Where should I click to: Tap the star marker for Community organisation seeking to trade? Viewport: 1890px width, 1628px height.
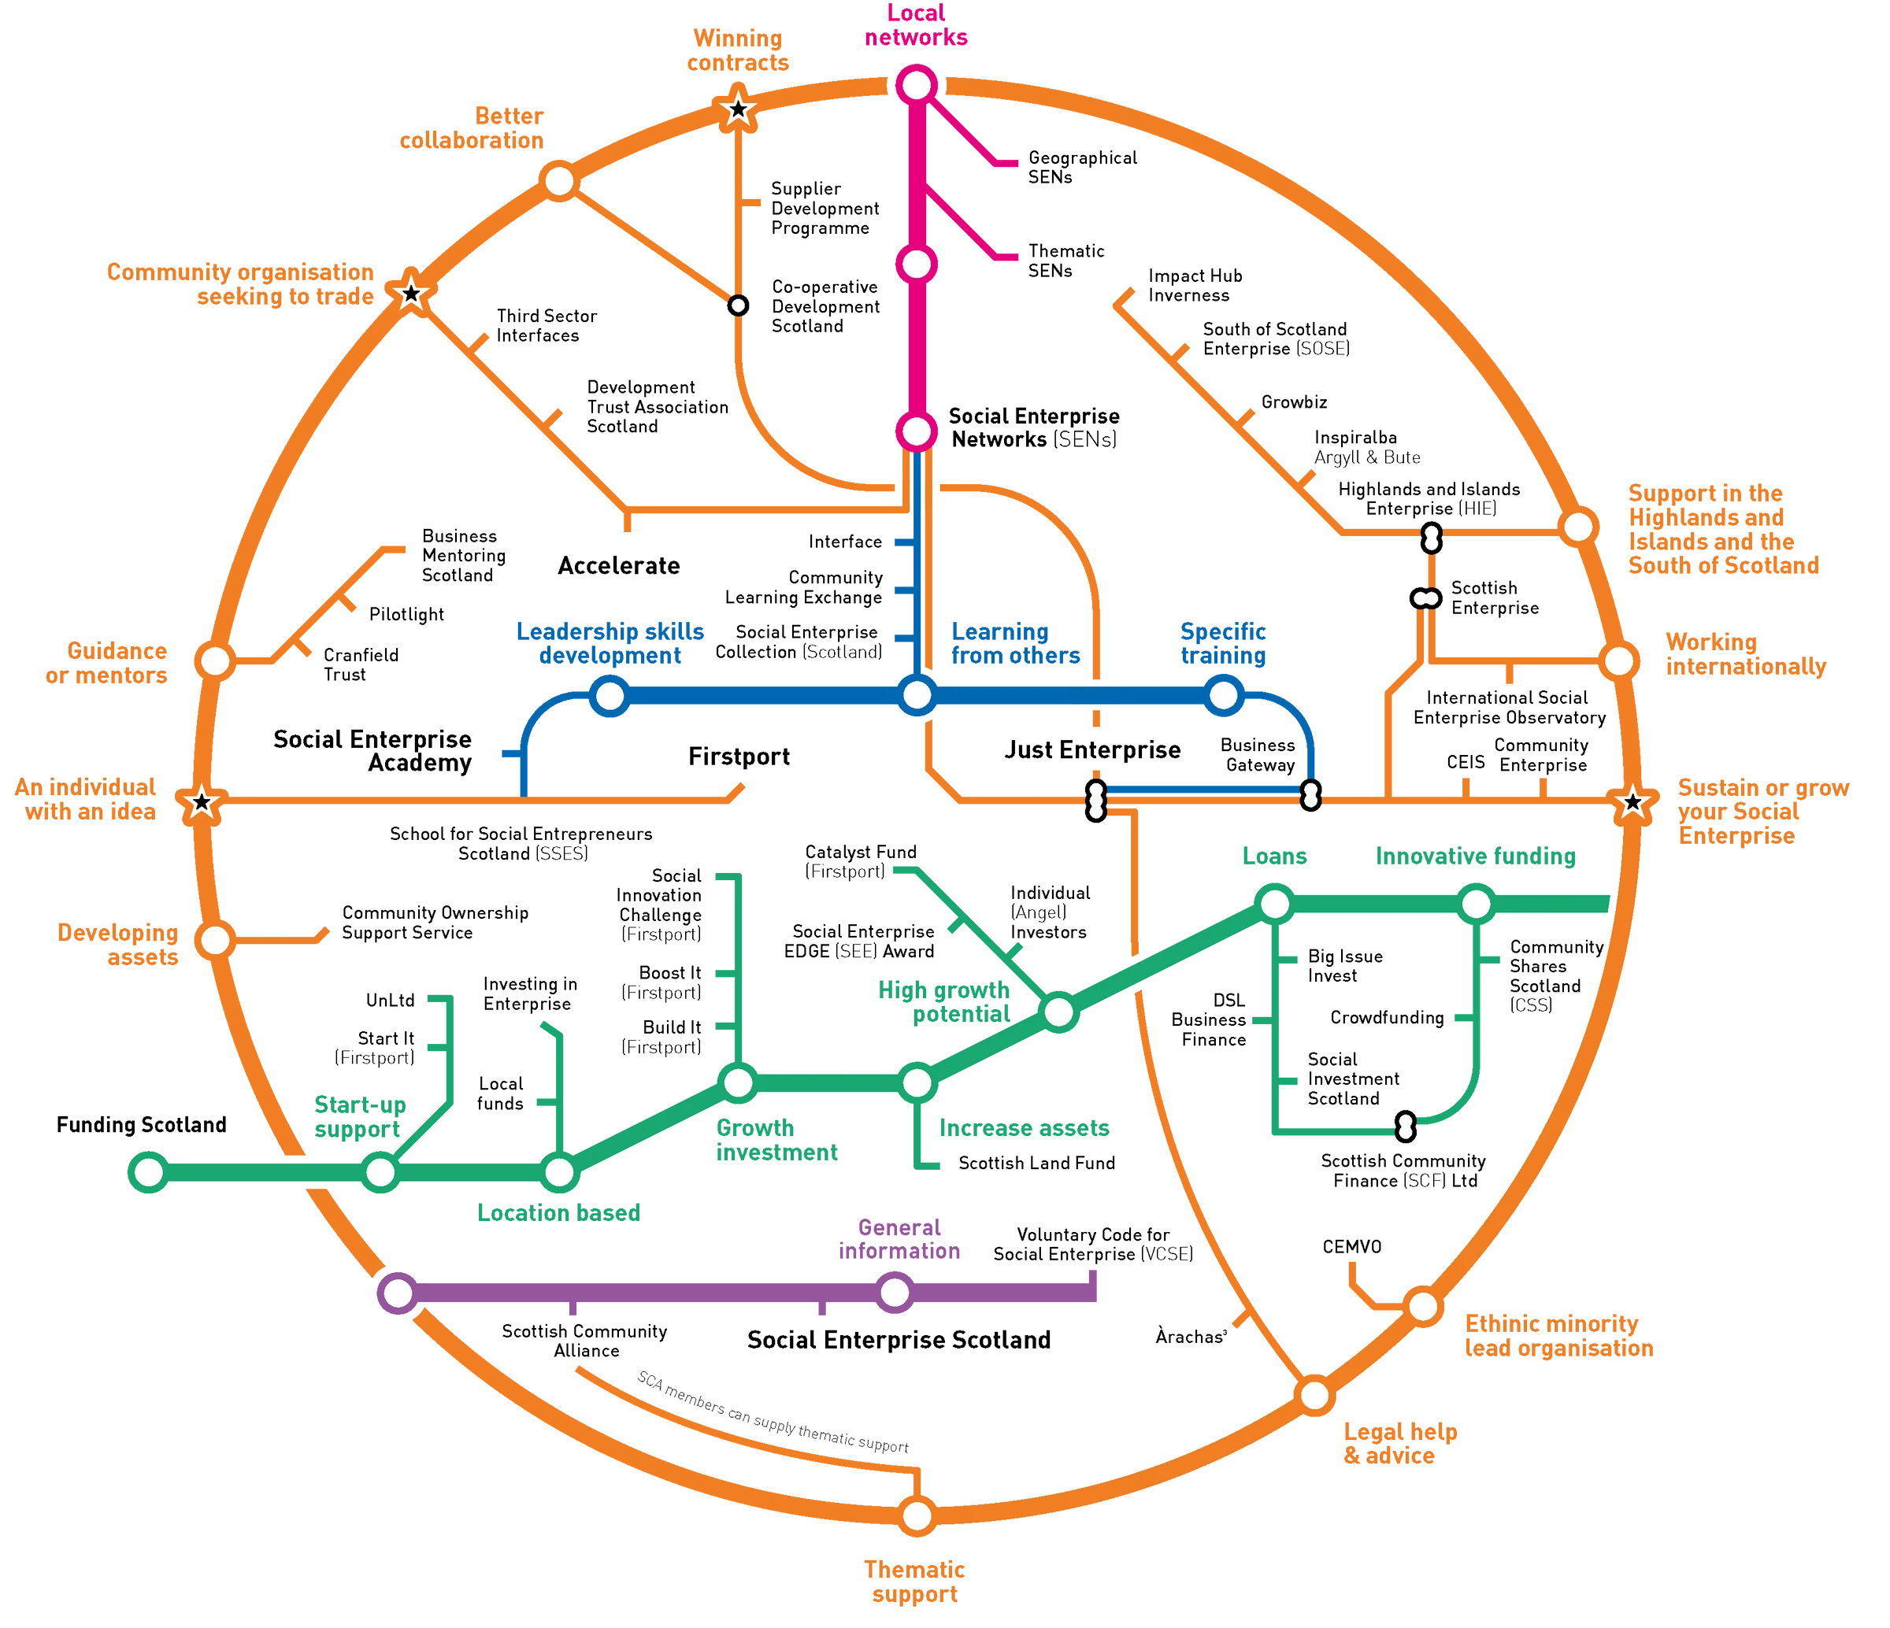click(411, 294)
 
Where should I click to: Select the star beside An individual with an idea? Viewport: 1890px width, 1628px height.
click(202, 804)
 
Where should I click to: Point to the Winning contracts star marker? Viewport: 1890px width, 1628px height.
click(738, 110)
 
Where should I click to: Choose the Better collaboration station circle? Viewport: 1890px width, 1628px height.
click(559, 179)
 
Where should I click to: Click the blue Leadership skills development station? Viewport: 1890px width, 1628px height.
click(610, 697)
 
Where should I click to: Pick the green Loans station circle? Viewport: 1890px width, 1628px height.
click(1274, 905)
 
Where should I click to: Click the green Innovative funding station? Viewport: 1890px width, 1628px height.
click(1475, 905)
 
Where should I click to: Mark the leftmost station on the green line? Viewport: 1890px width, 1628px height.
click(149, 1172)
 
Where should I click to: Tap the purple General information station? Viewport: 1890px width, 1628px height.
click(895, 1293)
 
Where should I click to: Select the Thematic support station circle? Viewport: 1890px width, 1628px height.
click(917, 1515)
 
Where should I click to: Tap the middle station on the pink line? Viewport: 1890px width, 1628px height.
click(916, 265)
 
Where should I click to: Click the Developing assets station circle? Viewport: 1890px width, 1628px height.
click(215, 939)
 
